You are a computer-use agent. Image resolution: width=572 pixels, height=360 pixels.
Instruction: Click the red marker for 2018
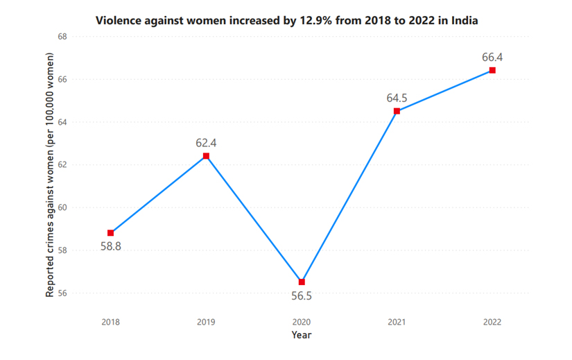111,233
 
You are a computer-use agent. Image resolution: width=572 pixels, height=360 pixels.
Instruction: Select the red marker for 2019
206,156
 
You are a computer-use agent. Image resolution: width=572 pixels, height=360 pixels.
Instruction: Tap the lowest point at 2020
302,282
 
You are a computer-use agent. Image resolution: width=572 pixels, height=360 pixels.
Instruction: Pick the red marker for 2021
397,111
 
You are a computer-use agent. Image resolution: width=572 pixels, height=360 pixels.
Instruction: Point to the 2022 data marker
492,70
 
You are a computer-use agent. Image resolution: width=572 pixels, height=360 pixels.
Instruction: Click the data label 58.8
111,246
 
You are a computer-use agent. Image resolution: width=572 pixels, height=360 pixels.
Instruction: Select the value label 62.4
206,143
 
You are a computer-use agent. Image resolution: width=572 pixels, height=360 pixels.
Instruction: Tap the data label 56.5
302,295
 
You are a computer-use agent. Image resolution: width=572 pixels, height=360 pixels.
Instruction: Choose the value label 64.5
397,98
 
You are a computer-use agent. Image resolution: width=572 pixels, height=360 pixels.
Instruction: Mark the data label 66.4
492,57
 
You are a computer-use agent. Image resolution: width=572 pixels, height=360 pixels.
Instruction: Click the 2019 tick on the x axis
206,322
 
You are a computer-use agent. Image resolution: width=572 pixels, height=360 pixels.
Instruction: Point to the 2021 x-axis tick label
397,322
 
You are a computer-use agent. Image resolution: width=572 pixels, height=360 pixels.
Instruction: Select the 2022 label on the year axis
492,322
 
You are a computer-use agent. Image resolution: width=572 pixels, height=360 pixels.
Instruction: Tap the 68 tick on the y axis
62,36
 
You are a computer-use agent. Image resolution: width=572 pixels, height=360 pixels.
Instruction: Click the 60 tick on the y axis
62,207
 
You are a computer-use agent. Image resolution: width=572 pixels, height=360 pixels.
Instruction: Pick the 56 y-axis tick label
62,293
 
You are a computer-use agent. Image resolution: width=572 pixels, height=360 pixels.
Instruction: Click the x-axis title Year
302,335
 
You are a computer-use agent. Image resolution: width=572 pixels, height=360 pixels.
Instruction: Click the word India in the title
464,20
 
